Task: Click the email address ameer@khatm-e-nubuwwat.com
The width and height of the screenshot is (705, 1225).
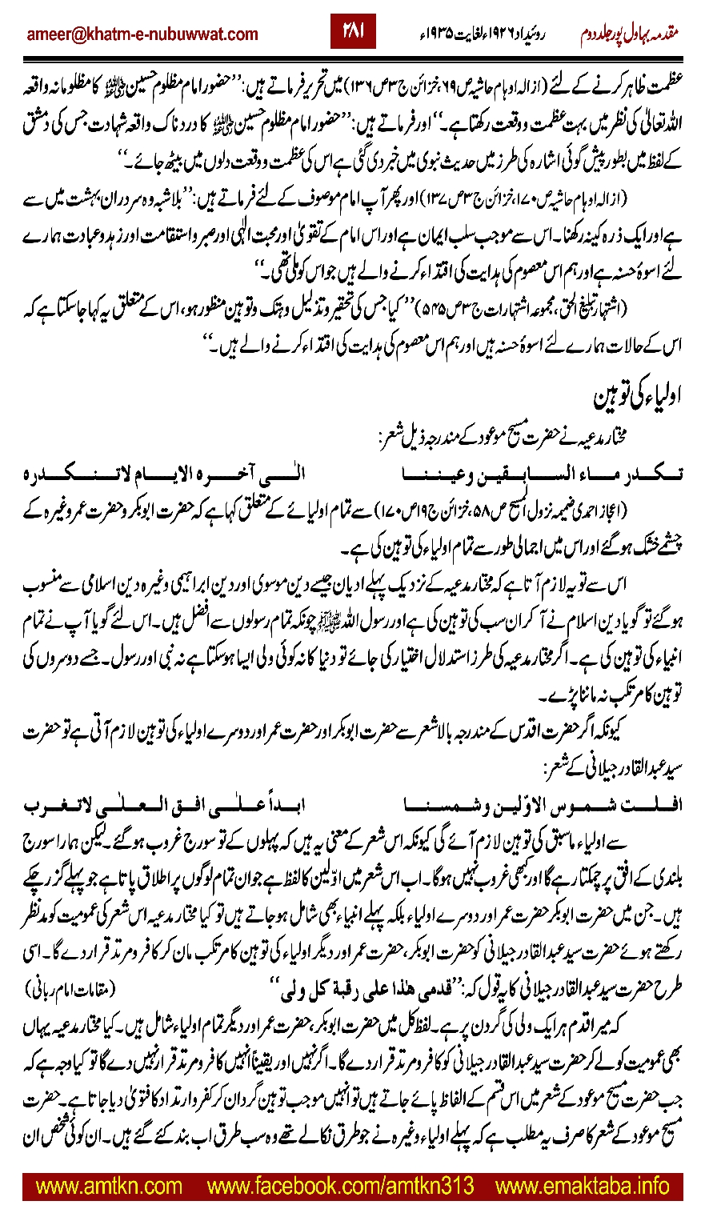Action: tap(142, 34)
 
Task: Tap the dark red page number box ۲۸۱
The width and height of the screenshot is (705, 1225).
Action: tap(353, 32)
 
